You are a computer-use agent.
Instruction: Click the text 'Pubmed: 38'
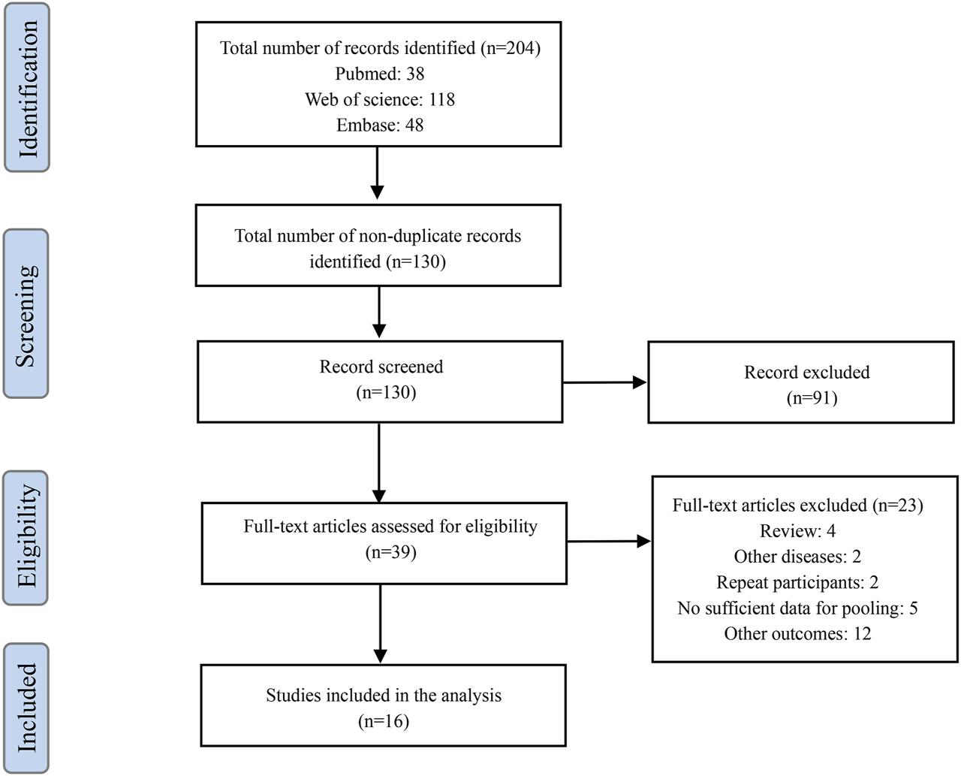coord(379,74)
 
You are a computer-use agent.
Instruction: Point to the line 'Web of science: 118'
coord(379,99)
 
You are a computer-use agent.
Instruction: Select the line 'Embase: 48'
coord(379,125)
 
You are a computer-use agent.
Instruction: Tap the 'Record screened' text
coord(381,367)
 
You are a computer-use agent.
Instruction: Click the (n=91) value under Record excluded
coord(806,397)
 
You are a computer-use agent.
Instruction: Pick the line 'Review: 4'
coord(797,531)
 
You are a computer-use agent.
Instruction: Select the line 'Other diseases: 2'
coord(797,557)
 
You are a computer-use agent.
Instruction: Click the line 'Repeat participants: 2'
coord(797,582)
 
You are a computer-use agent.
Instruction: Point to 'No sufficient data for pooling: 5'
coord(797,608)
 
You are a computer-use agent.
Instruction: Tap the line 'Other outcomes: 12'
coord(797,633)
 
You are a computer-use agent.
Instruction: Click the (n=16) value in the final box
coord(383,721)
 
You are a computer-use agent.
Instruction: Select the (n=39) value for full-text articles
coord(390,552)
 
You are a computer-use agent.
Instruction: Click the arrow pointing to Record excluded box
coord(604,382)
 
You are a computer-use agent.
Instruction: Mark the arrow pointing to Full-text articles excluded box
coord(608,541)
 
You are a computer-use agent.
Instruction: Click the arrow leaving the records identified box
coord(378,174)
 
